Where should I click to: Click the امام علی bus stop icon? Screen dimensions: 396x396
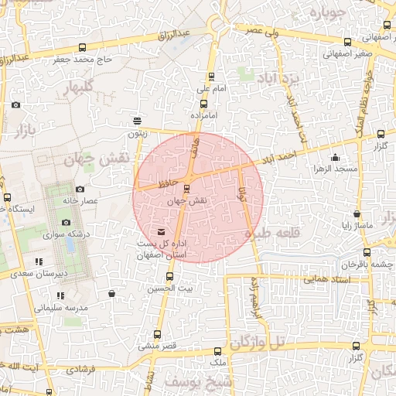coord(211,77)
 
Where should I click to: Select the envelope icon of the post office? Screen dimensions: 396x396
coord(161,232)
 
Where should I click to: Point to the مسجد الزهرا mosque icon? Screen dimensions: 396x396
coord(335,158)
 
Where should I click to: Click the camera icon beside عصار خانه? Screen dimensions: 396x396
coord(80,189)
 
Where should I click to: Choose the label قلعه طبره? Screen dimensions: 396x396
coord(271,233)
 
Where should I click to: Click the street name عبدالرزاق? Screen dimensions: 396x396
coord(174,36)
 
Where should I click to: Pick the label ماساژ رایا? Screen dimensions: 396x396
coord(357,225)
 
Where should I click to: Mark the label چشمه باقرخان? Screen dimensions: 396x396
coord(364,265)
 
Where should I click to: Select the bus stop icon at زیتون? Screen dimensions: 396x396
coord(138,121)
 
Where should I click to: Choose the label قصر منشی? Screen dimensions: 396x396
coord(158,346)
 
